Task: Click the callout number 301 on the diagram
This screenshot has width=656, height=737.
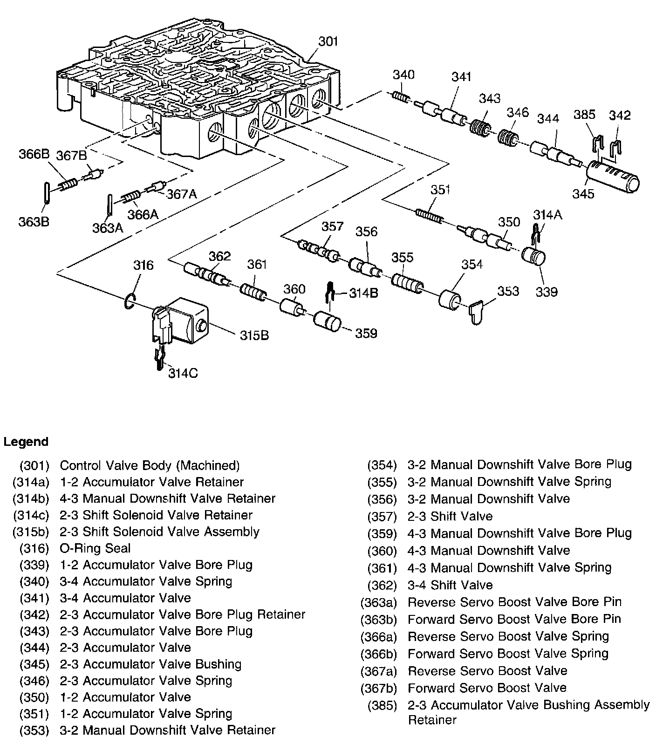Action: [328, 41]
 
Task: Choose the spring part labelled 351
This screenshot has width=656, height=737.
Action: [429, 216]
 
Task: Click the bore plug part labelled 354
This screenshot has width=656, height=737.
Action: [450, 300]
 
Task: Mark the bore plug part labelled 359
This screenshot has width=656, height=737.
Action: [327, 322]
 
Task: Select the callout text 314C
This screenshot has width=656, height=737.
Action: [183, 374]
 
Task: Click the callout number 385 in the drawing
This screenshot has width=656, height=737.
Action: [584, 115]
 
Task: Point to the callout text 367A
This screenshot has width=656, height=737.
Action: [182, 194]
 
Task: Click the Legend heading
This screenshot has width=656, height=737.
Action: [26, 442]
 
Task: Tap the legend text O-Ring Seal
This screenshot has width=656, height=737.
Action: [96, 548]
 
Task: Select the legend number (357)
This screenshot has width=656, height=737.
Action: [382, 517]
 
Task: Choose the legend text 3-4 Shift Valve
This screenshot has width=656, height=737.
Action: [450, 585]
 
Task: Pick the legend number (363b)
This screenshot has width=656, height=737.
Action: [378, 620]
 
